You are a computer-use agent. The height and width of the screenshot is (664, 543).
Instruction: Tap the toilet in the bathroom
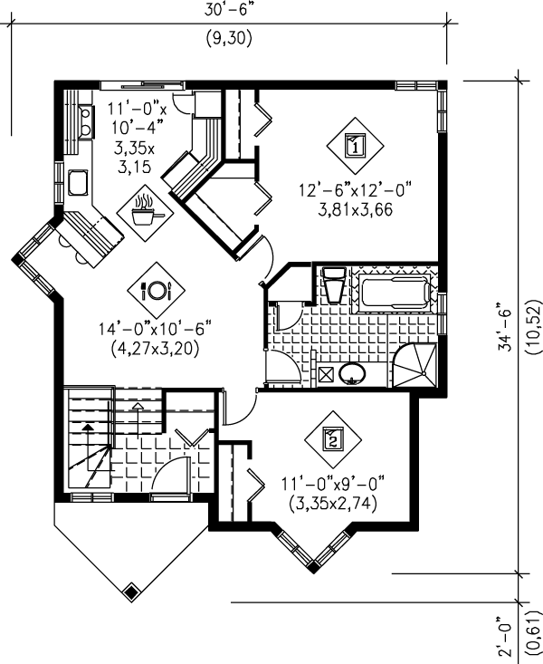(332, 284)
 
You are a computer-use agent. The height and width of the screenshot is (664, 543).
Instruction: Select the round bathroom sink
(351, 373)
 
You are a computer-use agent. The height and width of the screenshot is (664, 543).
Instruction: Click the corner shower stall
(416, 366)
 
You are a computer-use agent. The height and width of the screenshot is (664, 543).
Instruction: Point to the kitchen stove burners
(85, 122)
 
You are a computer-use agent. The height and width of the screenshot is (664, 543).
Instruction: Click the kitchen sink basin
(79, 184)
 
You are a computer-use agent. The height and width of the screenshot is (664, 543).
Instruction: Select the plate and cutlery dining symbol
(157, 290)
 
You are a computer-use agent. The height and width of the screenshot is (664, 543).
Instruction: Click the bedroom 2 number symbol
(332, 440)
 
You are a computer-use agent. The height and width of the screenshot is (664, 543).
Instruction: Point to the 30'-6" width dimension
(228, 10)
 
